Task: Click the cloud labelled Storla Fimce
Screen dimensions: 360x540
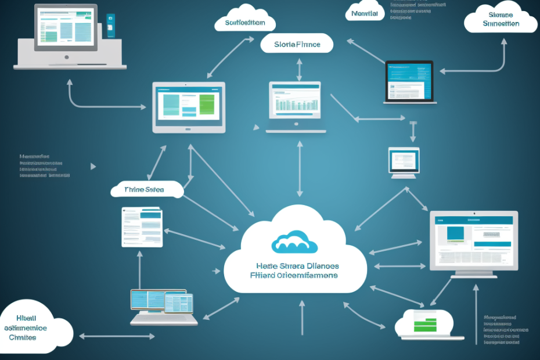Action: pos(297,44)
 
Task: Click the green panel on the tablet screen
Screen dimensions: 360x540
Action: pos(207,105)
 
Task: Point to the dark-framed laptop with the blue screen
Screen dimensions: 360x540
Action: pos(409,82)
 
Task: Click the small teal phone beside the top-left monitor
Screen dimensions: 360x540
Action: pos(110,27)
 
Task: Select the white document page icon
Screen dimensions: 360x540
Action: pos(142,226)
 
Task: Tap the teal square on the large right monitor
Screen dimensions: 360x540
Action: pos(455,233)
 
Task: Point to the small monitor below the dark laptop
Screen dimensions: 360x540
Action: pos(404,162)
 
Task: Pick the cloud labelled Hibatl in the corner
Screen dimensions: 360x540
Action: pos(34,328)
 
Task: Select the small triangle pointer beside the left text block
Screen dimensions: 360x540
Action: pos(93,166)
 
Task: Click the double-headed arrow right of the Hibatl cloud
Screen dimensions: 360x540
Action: pos(117,336)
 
